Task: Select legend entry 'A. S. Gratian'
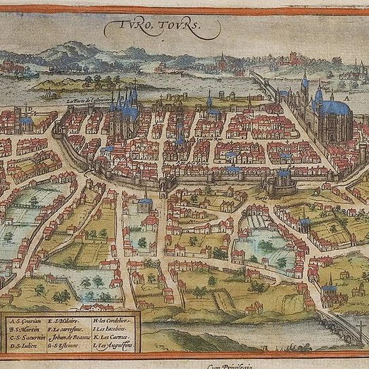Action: (25, 321)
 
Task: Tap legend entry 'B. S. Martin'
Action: (24, 329)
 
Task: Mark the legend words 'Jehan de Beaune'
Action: (69, 338)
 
